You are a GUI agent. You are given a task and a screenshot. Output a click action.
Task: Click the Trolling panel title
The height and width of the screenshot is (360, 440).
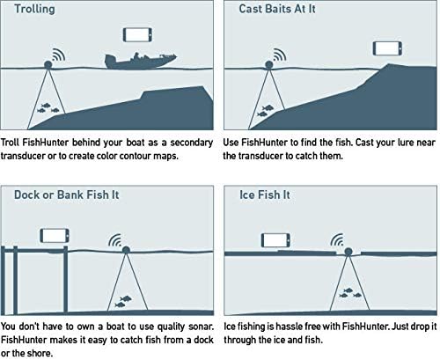[34, 9]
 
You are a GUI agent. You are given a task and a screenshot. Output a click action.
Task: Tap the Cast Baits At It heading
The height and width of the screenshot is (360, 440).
[277, 9]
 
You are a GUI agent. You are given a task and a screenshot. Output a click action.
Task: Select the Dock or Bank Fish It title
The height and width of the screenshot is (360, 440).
[67, 195]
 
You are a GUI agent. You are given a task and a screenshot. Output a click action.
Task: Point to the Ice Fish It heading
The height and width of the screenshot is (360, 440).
[265, 195]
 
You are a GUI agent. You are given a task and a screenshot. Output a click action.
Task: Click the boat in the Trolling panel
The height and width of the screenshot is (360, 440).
[141, 61]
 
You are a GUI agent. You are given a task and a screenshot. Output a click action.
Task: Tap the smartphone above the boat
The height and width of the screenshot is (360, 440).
[137, 34]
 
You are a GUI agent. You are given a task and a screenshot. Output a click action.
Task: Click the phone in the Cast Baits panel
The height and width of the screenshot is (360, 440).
[387, 48]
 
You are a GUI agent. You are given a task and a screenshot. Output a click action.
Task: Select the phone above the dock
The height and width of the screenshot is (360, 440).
[55, 236]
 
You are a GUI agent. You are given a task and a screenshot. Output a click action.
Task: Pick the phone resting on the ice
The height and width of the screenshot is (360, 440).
[275, 240]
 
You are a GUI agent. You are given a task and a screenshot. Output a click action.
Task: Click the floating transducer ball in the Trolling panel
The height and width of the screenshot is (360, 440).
[48, 64]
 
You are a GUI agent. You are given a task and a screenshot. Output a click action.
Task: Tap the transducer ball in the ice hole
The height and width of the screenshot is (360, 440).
[348, 252]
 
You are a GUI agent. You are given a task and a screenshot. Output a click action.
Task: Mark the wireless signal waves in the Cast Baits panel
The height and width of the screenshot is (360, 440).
[280, 55]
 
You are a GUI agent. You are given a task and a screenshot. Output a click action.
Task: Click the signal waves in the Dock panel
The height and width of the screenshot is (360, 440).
[115, 240]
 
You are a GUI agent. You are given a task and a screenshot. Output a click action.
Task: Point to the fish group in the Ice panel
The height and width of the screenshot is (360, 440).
[350, 293]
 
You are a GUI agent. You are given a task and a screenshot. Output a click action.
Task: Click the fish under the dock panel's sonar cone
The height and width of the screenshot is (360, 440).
[123, 302]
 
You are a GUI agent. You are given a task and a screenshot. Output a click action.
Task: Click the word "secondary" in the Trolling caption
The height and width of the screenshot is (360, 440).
[192, 143]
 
